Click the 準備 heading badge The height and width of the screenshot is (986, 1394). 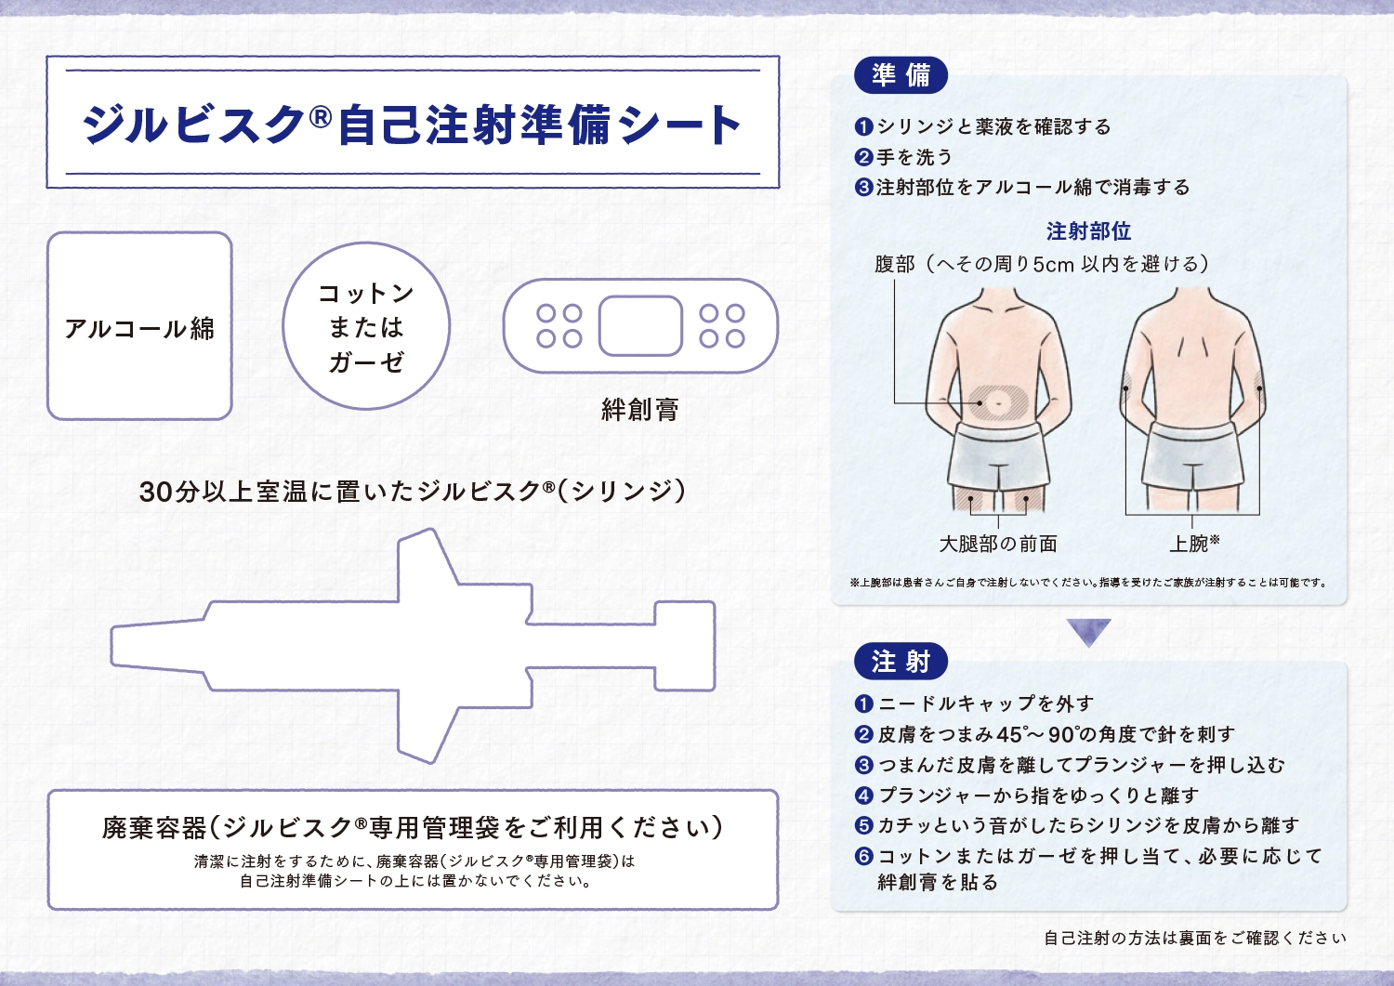point(901,75)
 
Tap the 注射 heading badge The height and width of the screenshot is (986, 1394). point(901,661)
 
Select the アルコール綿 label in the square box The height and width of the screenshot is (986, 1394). point(139,329)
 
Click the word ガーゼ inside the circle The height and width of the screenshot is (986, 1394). point(366,362)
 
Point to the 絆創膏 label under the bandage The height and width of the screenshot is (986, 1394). point(639,409)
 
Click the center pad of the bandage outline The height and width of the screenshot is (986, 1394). point(640,325)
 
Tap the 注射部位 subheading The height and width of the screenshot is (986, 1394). point(1088,231)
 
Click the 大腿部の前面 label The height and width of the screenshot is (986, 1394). point(998,544)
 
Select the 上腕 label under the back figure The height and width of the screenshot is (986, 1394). point(1189,544)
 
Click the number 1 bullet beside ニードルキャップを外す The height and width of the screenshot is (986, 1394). point(863,704)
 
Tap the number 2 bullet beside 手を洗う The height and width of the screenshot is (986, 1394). point(863,157)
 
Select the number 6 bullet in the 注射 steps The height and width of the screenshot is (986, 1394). point(863,857)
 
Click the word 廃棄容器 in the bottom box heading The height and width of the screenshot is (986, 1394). point(153,828)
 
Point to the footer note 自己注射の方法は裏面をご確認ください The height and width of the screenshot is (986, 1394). point(1195,938)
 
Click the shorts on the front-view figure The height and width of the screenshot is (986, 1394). point(999,457)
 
